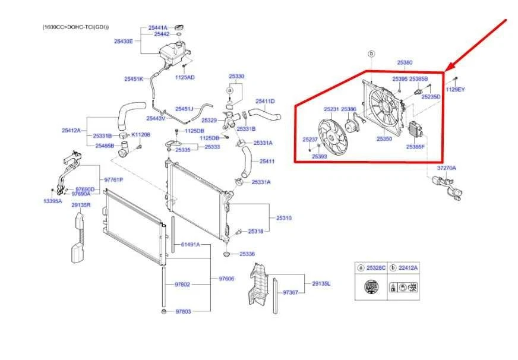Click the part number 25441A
pos(157,27)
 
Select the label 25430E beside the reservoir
pos(124,41)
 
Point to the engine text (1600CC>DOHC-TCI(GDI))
pos(75,27)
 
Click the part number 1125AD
pos(185,77)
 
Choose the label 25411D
pos(265,101)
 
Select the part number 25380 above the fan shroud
pos(405,62)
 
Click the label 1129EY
pos(456,89)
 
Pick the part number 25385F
pos(415,146)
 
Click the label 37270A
pos(447,168)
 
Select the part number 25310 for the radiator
pos(283,218)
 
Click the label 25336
pos(247,254)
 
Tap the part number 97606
pos(226,278)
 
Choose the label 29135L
pos(321,283)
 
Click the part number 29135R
pos(81,205)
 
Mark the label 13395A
pos(52,201)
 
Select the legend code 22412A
pos(408,268)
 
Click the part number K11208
pos(141,135)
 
